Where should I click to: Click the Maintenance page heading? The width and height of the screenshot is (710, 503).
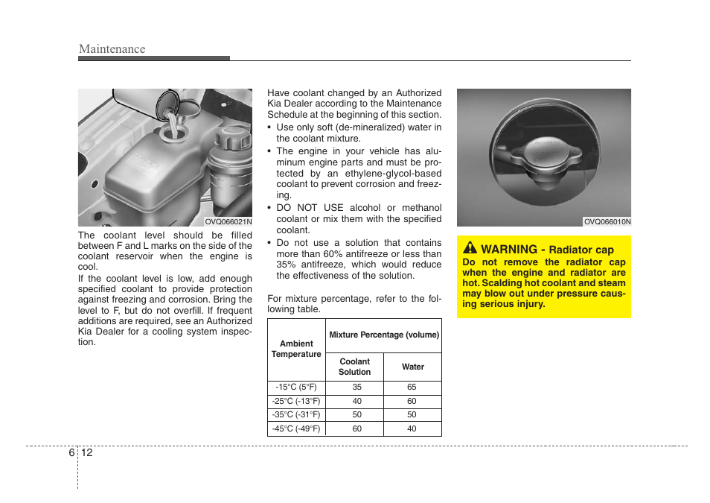pos(112,49)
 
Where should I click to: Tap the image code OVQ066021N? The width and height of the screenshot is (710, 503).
pos(228,221)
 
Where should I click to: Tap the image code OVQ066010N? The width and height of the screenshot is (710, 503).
pos(607,221)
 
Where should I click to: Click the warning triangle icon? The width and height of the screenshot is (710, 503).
pos(470,248)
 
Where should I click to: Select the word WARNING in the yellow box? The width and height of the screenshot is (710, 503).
pos(509,250)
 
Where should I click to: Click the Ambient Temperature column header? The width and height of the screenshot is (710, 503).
pos(296,349)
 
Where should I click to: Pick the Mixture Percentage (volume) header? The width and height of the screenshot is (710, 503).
pos(384,335)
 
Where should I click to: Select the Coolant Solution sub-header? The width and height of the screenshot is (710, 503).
pos(354,367)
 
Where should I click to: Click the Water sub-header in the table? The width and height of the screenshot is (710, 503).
pos(413,367)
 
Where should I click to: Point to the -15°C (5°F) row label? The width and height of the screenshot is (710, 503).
pos(296,387)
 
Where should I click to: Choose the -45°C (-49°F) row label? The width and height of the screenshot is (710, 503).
pos(296,428)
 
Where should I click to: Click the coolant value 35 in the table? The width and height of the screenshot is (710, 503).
pos(357,387)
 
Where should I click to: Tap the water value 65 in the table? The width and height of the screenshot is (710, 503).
pos(412,387)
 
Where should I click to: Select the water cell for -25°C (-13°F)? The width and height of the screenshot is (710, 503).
pos(412,402)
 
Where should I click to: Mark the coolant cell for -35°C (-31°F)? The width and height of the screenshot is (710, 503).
pos(357,415)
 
